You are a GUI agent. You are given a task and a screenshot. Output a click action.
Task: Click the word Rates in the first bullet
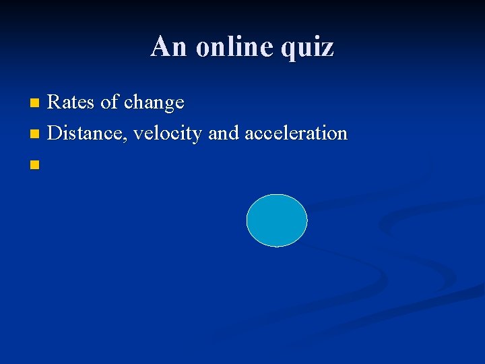[x=72, y=102]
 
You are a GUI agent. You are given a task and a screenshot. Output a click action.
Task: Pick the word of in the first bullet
[x=109, y=102]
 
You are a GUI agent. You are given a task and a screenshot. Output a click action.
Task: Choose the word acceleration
[x=296, y=133]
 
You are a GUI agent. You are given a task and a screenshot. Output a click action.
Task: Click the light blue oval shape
[x=277, y=220]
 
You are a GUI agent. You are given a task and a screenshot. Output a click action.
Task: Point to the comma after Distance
[x=127, y=140]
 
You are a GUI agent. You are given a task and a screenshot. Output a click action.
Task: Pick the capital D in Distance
[x=56, y=133]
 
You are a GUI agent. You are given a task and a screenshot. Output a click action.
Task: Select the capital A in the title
[x=160, y=47]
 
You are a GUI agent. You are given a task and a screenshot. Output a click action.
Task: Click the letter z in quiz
[x=327, y=49]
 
